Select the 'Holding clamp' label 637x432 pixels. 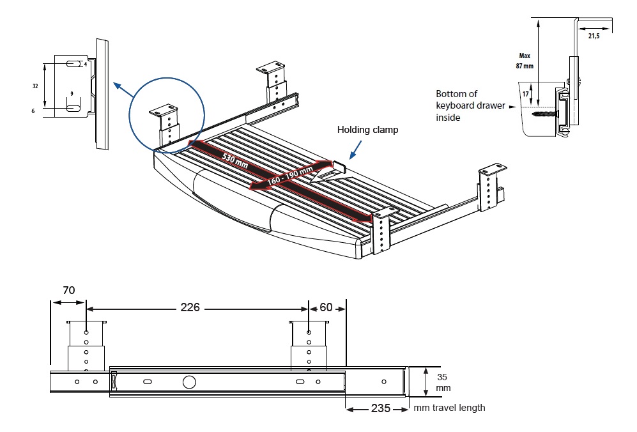[x=367, y=130]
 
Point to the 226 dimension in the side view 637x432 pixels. [x=190, y=307]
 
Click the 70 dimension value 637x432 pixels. [x=68, y=290]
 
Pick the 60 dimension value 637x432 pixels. [x=326, y=307]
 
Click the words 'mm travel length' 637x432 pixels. [x=449, y=408]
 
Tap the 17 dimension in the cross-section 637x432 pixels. [x=525, y=94]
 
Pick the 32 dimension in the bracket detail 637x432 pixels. [x=35, y=85]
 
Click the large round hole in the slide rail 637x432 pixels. [x=189, y=382]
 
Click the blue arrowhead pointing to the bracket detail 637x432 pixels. [x=116, y=85]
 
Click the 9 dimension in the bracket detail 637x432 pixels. [x=72, y=93]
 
